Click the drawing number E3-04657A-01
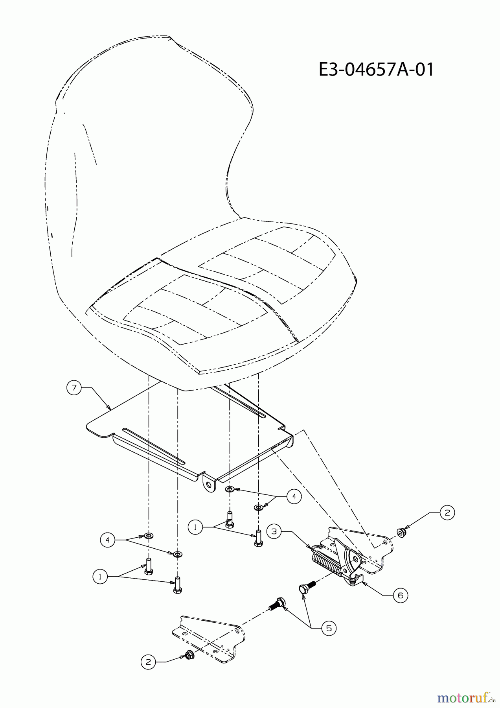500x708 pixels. pos(376,70)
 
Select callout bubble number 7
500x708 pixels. pos(74,387)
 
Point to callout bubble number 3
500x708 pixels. pos(274,531)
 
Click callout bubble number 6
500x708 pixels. pos(400,596)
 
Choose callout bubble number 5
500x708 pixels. pos(329,628)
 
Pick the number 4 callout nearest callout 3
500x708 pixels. pos(294,497)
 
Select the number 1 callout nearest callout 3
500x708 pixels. pos(195,527)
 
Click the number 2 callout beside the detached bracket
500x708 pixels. pos(148,662)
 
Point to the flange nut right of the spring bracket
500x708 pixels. pos(401,533)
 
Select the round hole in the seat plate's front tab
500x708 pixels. pos(208,486)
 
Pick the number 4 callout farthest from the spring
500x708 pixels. pos(107,540)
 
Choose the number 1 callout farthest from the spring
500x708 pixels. pos(100,577)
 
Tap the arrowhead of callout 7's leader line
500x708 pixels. pos(109,407)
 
